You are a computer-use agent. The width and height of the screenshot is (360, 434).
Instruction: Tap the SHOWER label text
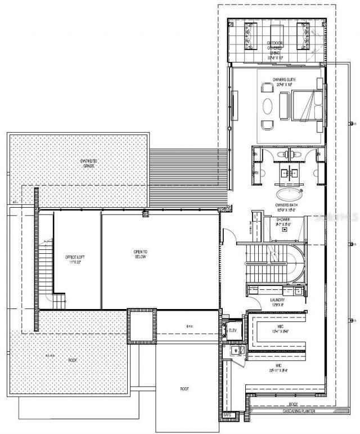(283, 219)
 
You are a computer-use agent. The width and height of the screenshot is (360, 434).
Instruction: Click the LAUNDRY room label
(278, 301)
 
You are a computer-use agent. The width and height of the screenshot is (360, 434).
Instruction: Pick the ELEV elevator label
(233, 330)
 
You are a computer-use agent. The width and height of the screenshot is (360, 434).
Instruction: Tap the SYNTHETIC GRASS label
(88, 163)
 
